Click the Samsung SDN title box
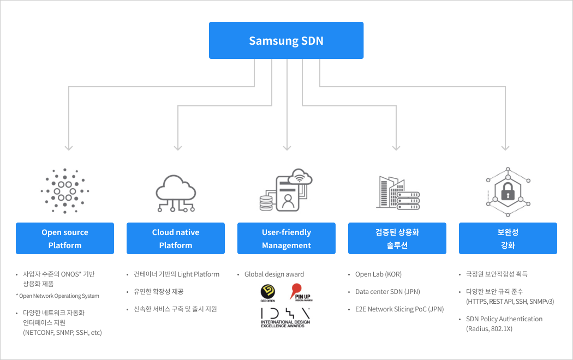pyautogui.click(x=286, y=40)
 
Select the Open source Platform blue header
pyautogui.click(x=65, y=238)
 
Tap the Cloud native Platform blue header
pyautogui.click(x=176, y=238)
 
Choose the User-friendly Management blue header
pyautogui.click(x=286, y=238)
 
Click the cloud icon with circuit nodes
pyautogui.click(x=176, y=192)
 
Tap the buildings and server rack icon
pyautogui.click(x=397, y=192)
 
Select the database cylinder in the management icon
pyautogui.click(x=266, y=203)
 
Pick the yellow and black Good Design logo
pyautogui.click(x=268, y=292)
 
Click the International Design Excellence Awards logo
pyautogui.click(x=286, y=317)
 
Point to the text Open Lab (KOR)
pyautogui.click(x=378, y=274)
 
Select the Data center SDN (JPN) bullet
pyautogui.click(x=387, y=292)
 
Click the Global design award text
pyautogui.click(x=274, y=274)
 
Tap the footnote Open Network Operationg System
pyautogui.click(x=59, y=296)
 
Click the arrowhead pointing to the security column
pyautogui.click(x=506, y=147)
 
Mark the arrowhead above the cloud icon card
pyautogui.click(x=178, y=147)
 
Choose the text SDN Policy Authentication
pyautogui.click(x=504, y=319)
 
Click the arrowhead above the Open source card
pyautogui.click(x=68, y=147)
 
